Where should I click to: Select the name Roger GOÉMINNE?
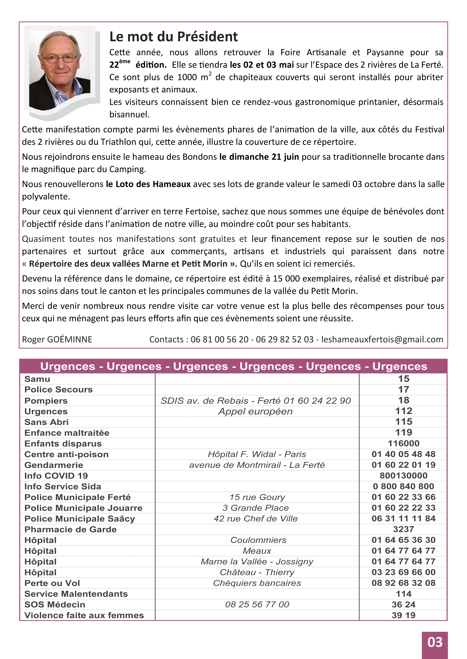click(x=57, y=339)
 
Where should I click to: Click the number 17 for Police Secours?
click(x=403, y=390)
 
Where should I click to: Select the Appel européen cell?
click(x=255, y=411)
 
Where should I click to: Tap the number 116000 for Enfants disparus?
click(x=403, y=443)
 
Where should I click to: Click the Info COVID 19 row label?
click(x=56, y=476)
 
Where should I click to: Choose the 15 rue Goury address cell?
click(x=257, y=497)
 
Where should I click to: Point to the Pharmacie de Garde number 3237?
click(x=403, y=529)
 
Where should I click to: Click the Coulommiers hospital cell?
click(x=258, y=540)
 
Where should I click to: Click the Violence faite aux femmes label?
click(x=84, y=615)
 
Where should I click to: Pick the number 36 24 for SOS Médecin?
click(x=403, y=605)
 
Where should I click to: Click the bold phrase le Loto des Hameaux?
click(x=148, y=184)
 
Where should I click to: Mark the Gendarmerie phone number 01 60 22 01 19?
click(x=403, y=465)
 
